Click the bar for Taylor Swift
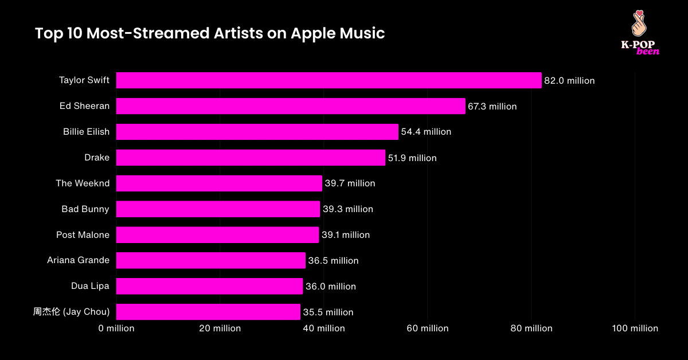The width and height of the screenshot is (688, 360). click(329, 80)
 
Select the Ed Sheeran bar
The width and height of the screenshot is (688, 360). click(291, 106)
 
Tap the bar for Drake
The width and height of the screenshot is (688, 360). click(251, 158)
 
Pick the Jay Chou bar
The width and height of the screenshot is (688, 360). click(208, 312)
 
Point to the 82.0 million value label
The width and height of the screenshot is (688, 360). click(569, 81)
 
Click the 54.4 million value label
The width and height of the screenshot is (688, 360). click(426, 132)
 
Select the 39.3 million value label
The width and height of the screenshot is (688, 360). click(347, 209)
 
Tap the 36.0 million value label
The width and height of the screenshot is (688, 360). click(330, 287)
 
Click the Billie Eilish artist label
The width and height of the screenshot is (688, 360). click(86, 132)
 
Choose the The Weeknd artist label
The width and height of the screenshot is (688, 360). click(83, 183)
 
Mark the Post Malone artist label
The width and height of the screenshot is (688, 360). click(83, 235)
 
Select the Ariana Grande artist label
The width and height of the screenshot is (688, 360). click(78, 261)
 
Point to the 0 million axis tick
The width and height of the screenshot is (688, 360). click(116, 328)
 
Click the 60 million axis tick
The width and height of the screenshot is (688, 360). click(427, 328)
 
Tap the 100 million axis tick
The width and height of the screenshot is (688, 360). click(635, 328)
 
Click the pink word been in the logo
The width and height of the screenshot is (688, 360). click(648, 52)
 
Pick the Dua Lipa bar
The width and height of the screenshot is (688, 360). click(209, 286)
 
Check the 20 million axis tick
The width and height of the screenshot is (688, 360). click(220, 328)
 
